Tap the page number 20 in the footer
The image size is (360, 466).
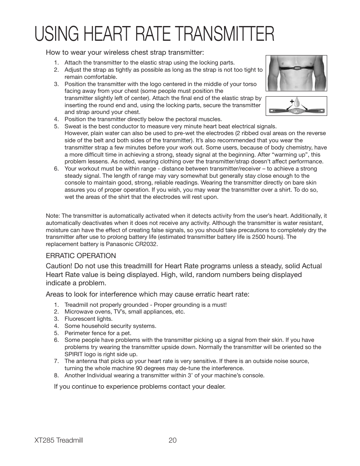173,440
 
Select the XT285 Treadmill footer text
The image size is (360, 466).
58,440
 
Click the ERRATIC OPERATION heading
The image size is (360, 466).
81,256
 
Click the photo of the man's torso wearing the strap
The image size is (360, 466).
296,73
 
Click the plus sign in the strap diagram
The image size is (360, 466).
292,102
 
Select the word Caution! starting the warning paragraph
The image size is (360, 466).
58,266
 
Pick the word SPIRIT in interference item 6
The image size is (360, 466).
74,354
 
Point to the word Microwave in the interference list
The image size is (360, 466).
78,312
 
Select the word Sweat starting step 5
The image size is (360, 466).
72,126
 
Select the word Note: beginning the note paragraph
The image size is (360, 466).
53,216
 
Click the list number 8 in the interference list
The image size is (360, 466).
56,375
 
